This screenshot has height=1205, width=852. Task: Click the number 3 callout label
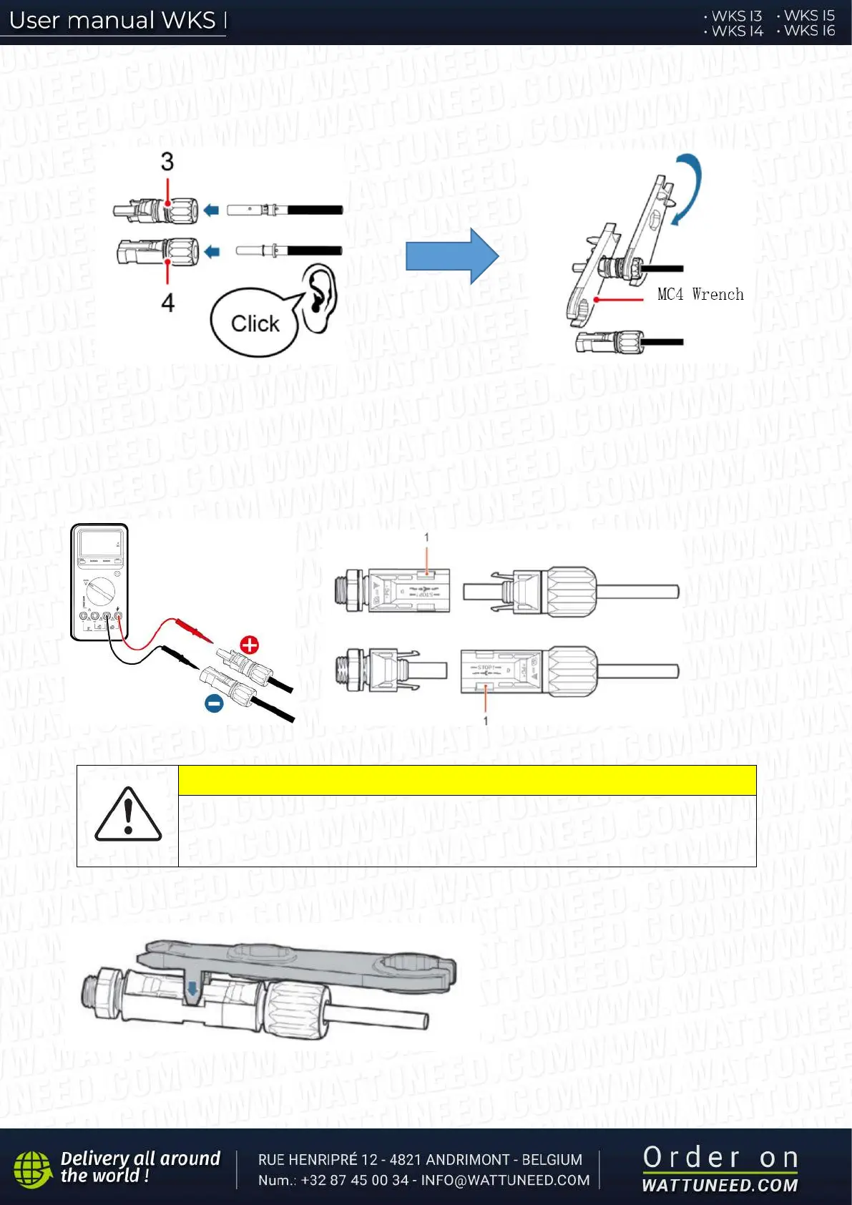point(167,162)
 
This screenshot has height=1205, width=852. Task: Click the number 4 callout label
point(168,303)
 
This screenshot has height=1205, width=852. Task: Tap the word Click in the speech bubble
point(255,323)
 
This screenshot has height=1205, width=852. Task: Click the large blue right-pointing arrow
point(451,256)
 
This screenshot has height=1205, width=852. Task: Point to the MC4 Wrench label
point(700,294)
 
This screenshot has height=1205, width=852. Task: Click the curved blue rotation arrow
point(687,187)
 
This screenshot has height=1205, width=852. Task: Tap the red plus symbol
point(249,645)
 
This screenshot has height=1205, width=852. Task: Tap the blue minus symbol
point(214,703)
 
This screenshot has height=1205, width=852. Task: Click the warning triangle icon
point(128,815)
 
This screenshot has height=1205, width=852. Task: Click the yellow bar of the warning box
point(466,780)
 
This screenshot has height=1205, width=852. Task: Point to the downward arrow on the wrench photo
point(192,989)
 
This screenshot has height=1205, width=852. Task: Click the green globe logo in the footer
point(32,1169)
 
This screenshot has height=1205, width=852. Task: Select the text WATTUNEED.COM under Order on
point(720,1185)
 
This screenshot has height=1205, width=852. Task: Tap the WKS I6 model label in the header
point(809,31)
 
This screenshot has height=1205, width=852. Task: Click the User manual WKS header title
point(112,20)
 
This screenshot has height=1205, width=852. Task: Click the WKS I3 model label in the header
point(736,16)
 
